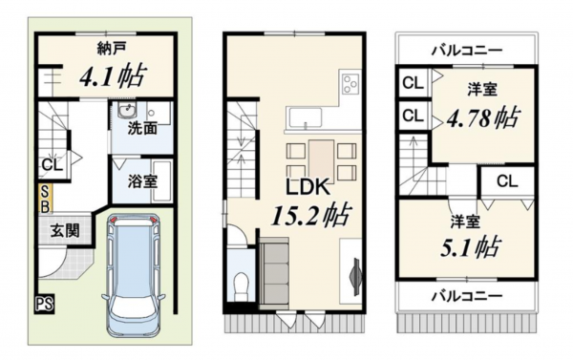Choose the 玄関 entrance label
point(65,229)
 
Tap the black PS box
point(44,305)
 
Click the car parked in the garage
point(134,277)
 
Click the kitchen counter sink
point(308,118)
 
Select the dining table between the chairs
point(321,159)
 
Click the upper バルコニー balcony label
point(465,47)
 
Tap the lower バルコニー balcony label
point(465,295)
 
